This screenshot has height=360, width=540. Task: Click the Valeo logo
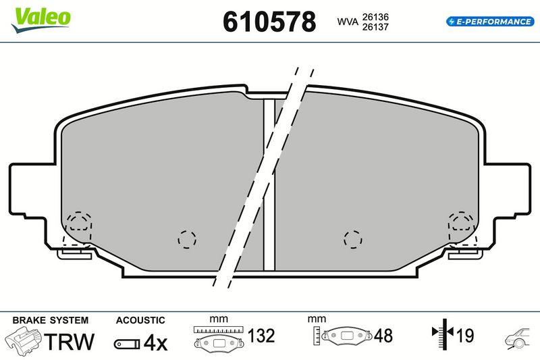(41, 20)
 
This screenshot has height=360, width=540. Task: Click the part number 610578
(269, 22)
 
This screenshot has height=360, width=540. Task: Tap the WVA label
(348, 22)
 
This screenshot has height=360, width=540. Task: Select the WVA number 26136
(375, 16)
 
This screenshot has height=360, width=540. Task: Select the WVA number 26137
(375, 26)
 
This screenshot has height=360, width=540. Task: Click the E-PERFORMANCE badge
(490, 22)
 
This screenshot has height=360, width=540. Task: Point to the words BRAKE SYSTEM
(50, 320)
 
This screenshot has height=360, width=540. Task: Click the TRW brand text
(70, 341)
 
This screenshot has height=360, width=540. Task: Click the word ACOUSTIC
(140, 320)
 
